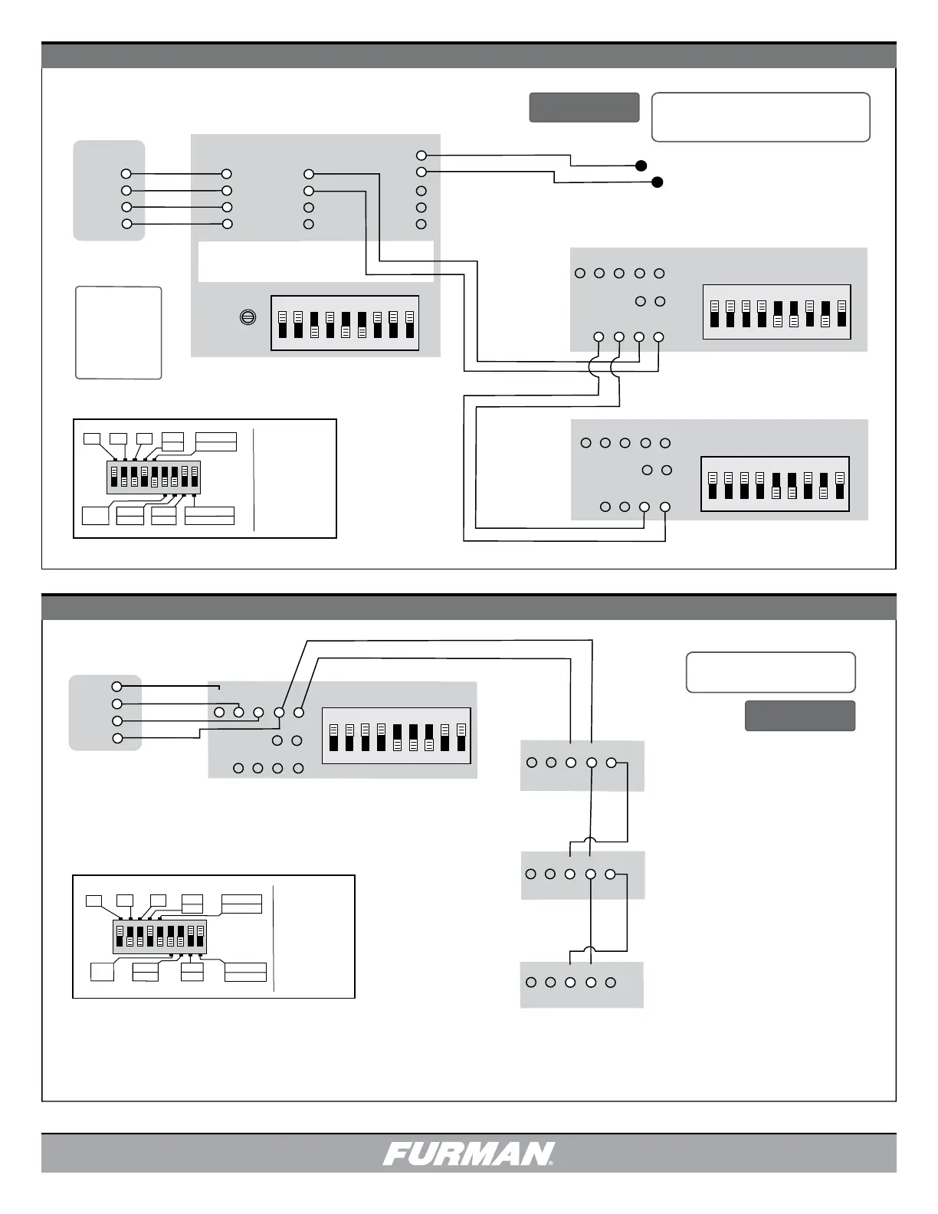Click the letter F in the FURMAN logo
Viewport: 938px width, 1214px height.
click(398, 1153)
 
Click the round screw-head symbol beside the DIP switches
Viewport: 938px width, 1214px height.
click(248, 317)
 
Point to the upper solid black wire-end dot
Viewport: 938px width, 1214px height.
click(641, 166)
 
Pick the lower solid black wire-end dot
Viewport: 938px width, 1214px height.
click(658, 182)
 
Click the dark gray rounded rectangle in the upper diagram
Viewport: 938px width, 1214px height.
click(585, 107)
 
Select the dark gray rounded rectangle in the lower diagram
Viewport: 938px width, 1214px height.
click(800, 716)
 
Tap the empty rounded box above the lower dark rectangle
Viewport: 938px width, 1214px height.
click(770, 672)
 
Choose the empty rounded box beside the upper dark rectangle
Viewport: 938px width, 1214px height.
click(761, 117)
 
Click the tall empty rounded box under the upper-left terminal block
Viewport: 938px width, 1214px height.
click(119, 333)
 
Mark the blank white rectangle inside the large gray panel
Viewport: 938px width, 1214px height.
click(316, 261)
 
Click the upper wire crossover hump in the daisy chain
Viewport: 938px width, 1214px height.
click(591, 841)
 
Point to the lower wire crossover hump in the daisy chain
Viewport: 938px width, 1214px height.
click(591, 950)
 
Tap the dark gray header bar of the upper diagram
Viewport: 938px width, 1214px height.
click(469, 55)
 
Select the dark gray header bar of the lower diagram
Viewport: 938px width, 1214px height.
click(469, 607)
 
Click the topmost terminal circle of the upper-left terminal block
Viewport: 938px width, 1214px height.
click(126, 174)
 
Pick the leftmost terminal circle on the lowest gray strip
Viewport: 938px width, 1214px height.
click(531, 982)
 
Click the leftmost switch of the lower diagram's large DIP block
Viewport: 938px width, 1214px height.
click(333, 737)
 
